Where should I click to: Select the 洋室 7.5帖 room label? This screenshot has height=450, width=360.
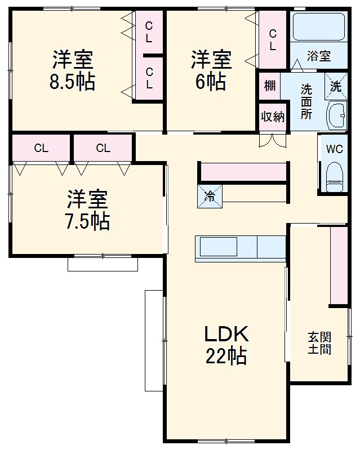tap(88, 210)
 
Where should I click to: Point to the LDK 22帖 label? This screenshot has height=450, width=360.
tap(226, 345)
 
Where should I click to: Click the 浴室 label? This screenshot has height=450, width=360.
tap(318, 56)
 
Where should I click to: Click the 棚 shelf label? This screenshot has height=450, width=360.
tap(270, 86)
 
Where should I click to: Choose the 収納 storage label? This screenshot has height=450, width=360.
tap(272, 117)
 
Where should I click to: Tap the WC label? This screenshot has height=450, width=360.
tap(335, 149)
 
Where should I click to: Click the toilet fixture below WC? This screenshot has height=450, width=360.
tap(335, 176)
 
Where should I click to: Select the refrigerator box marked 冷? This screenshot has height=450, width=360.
tap(210, 196)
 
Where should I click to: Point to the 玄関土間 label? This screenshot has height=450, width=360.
tap(319, 343)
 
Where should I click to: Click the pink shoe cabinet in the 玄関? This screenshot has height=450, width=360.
tap(339, 265)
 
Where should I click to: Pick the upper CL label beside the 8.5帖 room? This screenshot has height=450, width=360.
tap(149, 33)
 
